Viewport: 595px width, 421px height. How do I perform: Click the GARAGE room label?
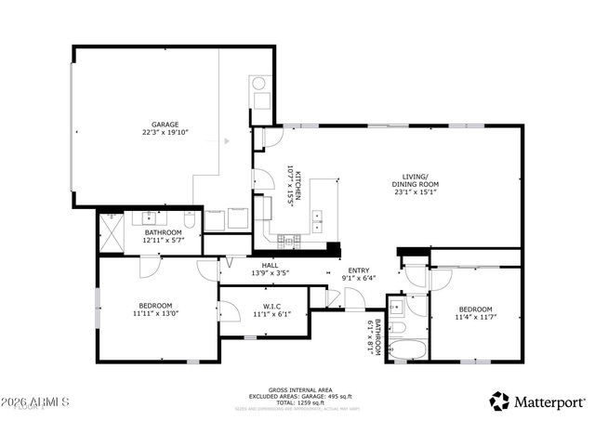pyautogui.click(x=165, y=124)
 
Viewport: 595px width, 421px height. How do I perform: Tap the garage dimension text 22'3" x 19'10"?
pyautogui.click(x=165, y=133)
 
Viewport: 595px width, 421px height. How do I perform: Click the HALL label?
pyautogui.click(x=270, y=266)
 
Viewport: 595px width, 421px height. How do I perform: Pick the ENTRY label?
pyautogui.click(x=358, y=270)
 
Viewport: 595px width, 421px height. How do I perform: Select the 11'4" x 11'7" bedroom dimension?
pyautogui.click(x=476, y=317)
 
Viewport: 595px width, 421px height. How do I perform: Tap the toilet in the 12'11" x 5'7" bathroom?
pyautogui.click(x=190, y=221)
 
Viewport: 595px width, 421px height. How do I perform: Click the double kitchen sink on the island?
pyautogui.click(x=319, y=220)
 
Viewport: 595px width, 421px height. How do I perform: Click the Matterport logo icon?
pyautogui.click(x=500, y=401)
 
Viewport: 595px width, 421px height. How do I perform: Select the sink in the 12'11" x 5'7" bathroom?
pyautogui.click(x=148, y=219)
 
